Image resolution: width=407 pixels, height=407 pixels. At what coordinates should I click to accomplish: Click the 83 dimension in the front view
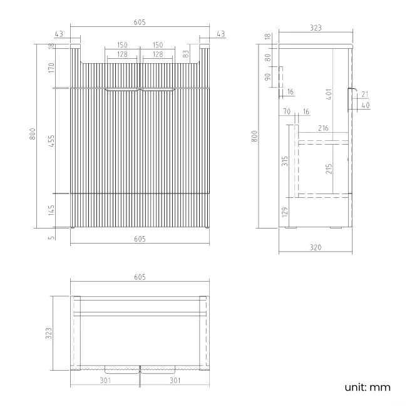[186, 54]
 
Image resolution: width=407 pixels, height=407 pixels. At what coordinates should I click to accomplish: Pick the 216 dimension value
[323, 128]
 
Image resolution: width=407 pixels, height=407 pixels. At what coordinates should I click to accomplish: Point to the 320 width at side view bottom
[316, 248]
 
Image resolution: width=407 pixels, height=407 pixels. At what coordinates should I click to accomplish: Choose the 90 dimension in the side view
[268, 77]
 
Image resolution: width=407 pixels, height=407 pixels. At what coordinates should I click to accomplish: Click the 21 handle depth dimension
[366, 94]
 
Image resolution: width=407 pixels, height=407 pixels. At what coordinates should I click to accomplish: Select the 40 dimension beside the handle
[366, 105]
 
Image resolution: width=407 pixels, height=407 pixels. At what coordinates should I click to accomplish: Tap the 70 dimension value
[287, 111]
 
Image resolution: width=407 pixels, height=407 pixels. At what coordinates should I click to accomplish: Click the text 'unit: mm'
[368, 387]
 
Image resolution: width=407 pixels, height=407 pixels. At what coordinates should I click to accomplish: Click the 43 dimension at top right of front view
[220, 33]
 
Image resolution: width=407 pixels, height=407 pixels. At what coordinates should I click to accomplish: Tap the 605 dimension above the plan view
[139, 277]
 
